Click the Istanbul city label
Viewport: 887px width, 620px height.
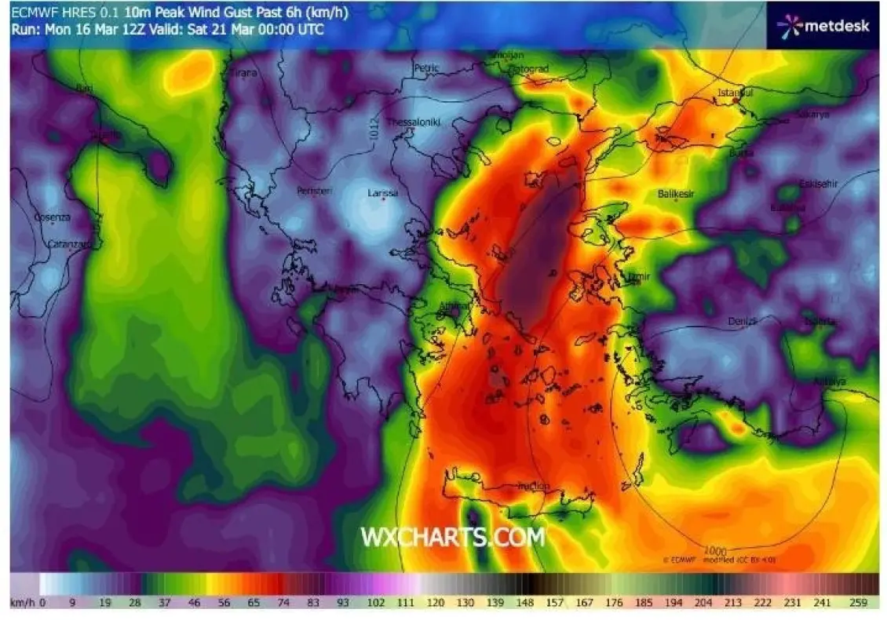tap(736, 93)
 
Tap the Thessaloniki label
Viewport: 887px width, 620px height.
tap(413, 122)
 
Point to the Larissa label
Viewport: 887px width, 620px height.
tap(383, 193)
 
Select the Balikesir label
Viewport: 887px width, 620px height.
tap(677, 194)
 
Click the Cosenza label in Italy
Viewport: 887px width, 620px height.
tap(53, 217)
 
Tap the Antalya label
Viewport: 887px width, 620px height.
tap(830, 382)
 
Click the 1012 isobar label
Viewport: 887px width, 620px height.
tap(374, 130)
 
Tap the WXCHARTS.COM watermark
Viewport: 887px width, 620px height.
tap(452, 537)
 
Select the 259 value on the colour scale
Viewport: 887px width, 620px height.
tap(858, 603)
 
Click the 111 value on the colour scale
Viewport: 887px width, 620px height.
tap(405, 603)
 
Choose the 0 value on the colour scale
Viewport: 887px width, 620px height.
tap(43, 603)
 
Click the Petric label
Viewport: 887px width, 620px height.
tap(426, 69)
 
